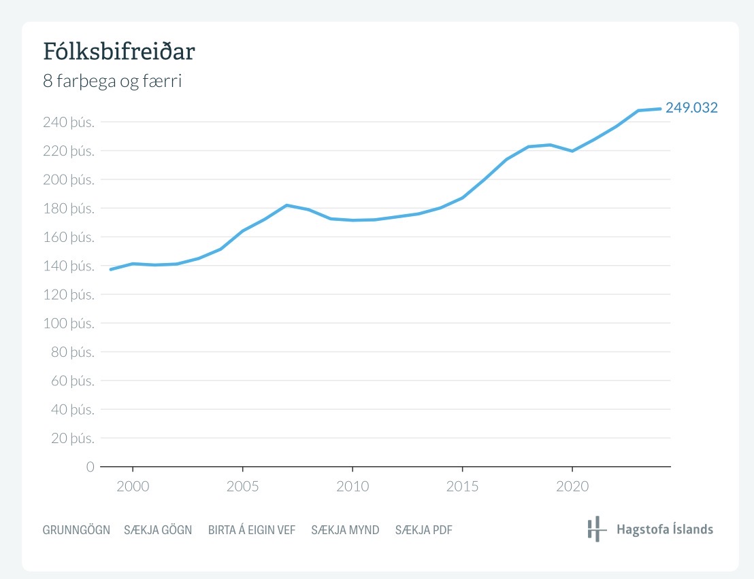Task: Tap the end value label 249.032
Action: [691, 107]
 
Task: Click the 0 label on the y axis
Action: [90, 467]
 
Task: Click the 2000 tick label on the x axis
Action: [133, 487]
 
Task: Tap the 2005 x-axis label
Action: [242, 487]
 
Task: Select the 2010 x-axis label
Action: [353, 487]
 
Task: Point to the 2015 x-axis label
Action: [462, 487]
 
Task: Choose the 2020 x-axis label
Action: [572, 487]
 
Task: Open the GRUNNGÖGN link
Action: [76, 530]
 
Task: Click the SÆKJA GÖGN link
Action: [158, 530]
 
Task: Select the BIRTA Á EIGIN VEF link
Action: [252, 530]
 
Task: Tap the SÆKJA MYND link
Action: [345, 530]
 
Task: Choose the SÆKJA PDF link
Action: [424, 530]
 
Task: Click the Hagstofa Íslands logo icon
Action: [596, 529]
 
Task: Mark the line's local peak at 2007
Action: [286, 205]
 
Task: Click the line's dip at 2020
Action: [572, 151]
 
